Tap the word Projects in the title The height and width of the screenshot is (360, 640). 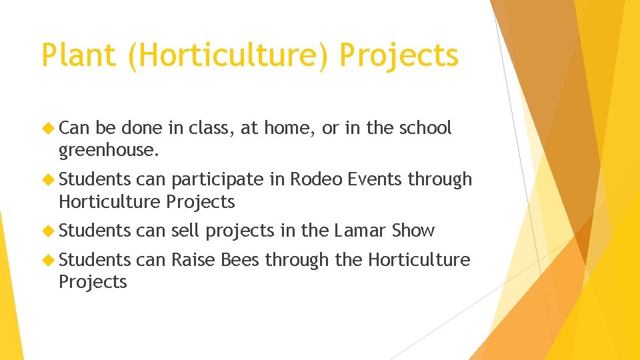click(x=399, y=55)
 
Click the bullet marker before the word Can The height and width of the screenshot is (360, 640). click(x=49, y=128)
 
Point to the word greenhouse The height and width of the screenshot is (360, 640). click(x=109, y=151)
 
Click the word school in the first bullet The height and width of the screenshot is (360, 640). click(x=425, y=128)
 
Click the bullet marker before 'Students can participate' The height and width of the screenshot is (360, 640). click(x=49, y=179)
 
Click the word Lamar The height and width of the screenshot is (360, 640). click(x=361, y=231)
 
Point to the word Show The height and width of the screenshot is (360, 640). click(x=413, y=231)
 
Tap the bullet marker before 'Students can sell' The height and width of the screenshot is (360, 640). click(x=49, y=231)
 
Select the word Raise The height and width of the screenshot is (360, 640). click(x=193, y=259)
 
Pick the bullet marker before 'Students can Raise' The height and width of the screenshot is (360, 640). click(x=49, y=259)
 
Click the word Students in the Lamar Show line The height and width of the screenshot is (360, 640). click(x=95, y=231)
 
